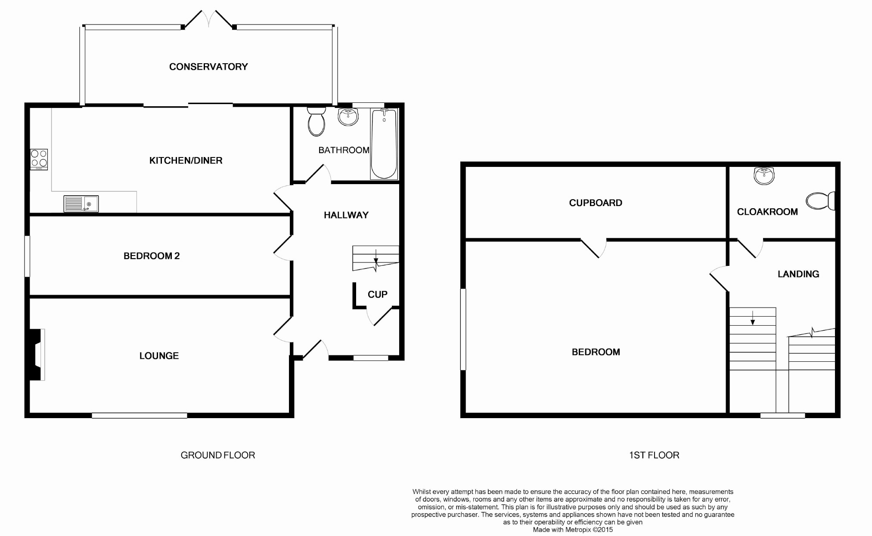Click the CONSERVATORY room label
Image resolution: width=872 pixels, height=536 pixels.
(x=208, y=67)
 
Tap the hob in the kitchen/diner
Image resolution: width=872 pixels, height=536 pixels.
(x=39, y=159)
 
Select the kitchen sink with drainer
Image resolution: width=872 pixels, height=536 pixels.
(x=81, y=204)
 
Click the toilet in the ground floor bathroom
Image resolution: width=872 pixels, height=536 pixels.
(x=316, y=121)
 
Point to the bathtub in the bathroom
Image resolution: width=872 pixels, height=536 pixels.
(x=384, y=144)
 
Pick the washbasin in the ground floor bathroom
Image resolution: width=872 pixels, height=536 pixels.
(x=348, y=117)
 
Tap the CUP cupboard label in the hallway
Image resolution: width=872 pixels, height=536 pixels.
(x=377, y=294)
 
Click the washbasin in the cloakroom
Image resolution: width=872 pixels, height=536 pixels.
(x=764, y=176)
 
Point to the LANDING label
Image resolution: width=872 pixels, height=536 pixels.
(x=798, y=274)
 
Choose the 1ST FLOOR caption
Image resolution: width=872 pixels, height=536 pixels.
(x=654, y=455)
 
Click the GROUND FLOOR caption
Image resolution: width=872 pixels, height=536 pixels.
(x=217, y=455)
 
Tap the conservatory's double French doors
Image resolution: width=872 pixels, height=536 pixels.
(x=209, y=20)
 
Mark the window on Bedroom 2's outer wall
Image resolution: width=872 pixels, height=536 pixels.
(x=27, y=256)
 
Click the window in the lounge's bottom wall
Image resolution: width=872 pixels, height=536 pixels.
(x=139, y=416)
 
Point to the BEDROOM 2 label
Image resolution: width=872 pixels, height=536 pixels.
(x=152, y=256)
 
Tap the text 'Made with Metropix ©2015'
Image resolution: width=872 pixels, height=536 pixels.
(x=573, y=530)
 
